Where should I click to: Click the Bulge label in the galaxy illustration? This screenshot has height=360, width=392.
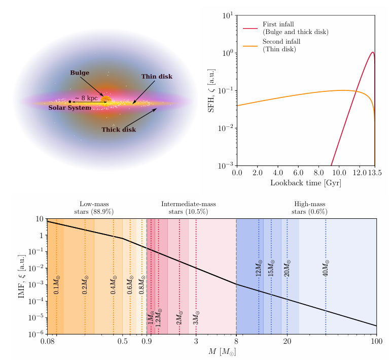point(80,73)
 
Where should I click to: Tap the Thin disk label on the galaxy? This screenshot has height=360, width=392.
point(157,77)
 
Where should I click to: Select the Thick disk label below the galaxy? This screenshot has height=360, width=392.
point(119,129)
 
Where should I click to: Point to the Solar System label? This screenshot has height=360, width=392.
point(69,108)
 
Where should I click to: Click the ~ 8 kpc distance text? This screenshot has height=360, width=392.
point(86,97)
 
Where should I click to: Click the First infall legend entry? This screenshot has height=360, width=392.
point(295,28)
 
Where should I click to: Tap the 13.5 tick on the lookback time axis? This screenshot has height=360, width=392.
point(375,173)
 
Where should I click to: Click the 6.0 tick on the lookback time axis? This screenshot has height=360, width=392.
point(298,173)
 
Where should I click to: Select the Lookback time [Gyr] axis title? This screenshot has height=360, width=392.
point(305,183)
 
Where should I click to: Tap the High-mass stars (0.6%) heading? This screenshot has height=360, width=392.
point(309,208)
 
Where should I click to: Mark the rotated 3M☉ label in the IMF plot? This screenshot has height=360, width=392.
point(196,318)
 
